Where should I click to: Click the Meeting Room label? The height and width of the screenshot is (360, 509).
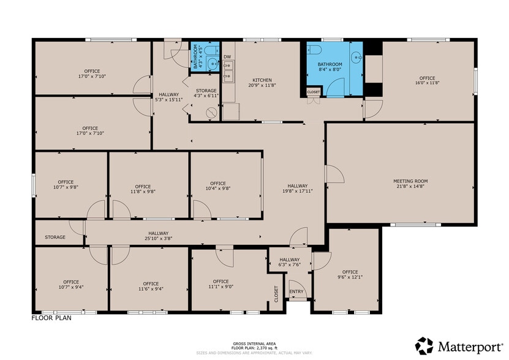click(x=410, y=181)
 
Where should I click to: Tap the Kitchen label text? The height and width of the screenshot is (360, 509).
click(x=262, y=80)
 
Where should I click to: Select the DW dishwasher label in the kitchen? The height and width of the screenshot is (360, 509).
click(x=227, y=57)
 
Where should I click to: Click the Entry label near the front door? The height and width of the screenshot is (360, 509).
click(x=296, y=291)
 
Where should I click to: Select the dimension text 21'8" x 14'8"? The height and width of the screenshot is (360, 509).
click(x=410, y=188)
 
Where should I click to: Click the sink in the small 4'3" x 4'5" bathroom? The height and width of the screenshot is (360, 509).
click(x=213, y=62)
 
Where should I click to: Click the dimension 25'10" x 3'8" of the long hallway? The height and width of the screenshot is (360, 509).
click(x=157, y=239)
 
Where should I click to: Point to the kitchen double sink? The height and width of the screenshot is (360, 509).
click(x=228, y=77)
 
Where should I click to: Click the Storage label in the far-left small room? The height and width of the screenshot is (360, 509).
click(x=55, y=237)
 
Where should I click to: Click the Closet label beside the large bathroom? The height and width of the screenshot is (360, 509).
click(x=314, y=92)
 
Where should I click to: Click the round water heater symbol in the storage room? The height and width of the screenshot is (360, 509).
click(x=212, y=113)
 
